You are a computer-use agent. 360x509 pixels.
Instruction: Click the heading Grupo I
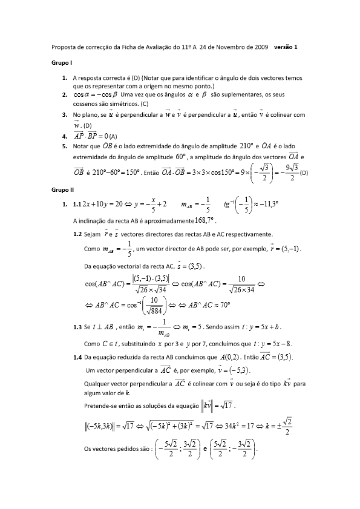coord(62,63)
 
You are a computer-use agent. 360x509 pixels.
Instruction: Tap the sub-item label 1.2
coord(77,234)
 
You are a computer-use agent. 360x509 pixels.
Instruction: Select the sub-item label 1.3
coord(77,327)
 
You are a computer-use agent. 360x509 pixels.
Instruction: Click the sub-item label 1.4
coord(77,357)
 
